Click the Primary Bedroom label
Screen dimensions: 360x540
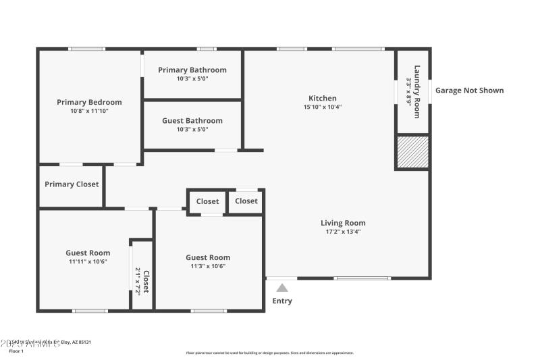89,102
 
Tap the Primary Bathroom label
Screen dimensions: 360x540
192,70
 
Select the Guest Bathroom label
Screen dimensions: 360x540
192,121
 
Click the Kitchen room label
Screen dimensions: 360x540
323,98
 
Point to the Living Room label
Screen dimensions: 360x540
343,223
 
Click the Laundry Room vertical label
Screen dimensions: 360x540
417,91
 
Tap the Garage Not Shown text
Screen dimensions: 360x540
469,91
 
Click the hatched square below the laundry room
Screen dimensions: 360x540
412,152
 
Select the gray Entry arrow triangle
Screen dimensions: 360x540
282,288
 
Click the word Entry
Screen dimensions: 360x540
282,301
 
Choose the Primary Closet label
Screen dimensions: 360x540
72,184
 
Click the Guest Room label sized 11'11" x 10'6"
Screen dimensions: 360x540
88,253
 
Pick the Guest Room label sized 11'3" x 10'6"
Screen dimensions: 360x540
208,257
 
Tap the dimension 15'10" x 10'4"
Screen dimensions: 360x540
323,107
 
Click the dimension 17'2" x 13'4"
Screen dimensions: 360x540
343,232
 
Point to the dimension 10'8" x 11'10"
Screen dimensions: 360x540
89,111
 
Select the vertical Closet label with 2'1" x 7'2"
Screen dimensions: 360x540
146,281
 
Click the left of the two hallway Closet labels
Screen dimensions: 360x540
207,201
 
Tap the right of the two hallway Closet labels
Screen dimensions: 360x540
246,201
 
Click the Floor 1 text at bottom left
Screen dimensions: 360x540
16,351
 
